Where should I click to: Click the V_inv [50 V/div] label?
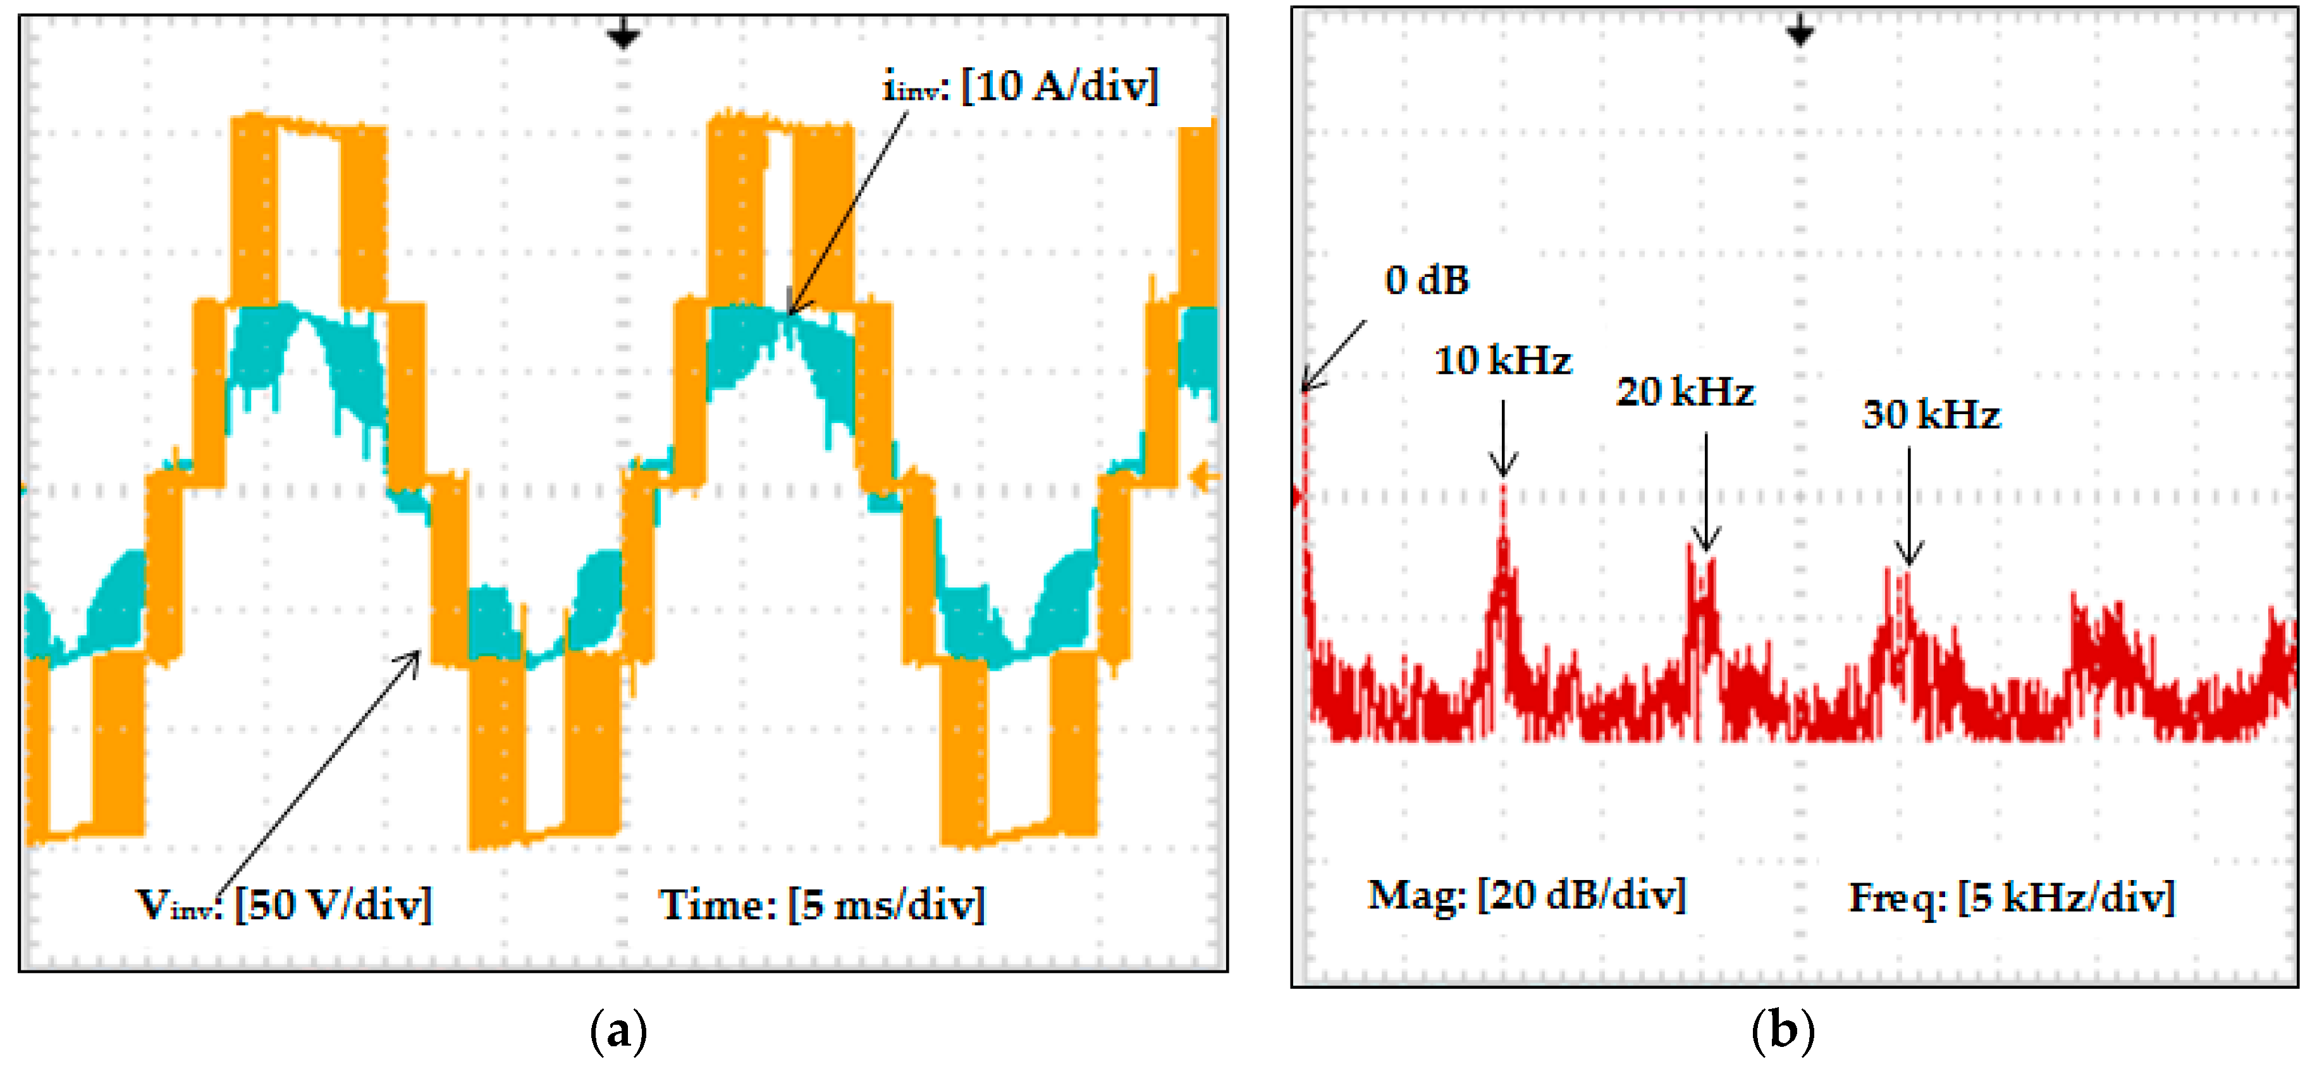tap(283, 904)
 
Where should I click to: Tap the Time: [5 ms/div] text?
tap(821, 904)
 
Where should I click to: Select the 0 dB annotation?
tap(1426, 281)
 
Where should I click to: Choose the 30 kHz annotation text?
tap(1931, 414)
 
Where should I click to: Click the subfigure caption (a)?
tap(618, 1031)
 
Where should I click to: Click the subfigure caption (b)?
tap(1782, 1031)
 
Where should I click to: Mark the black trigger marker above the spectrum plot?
tap(1799, 32)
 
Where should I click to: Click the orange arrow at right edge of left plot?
tap(1204, 477)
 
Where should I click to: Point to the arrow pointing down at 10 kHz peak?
tap(1503, 439)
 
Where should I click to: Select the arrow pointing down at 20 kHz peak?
tap(1705, 493)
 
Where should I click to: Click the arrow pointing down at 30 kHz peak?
tap(1908, 506)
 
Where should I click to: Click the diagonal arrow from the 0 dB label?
tap(1334, 355)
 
